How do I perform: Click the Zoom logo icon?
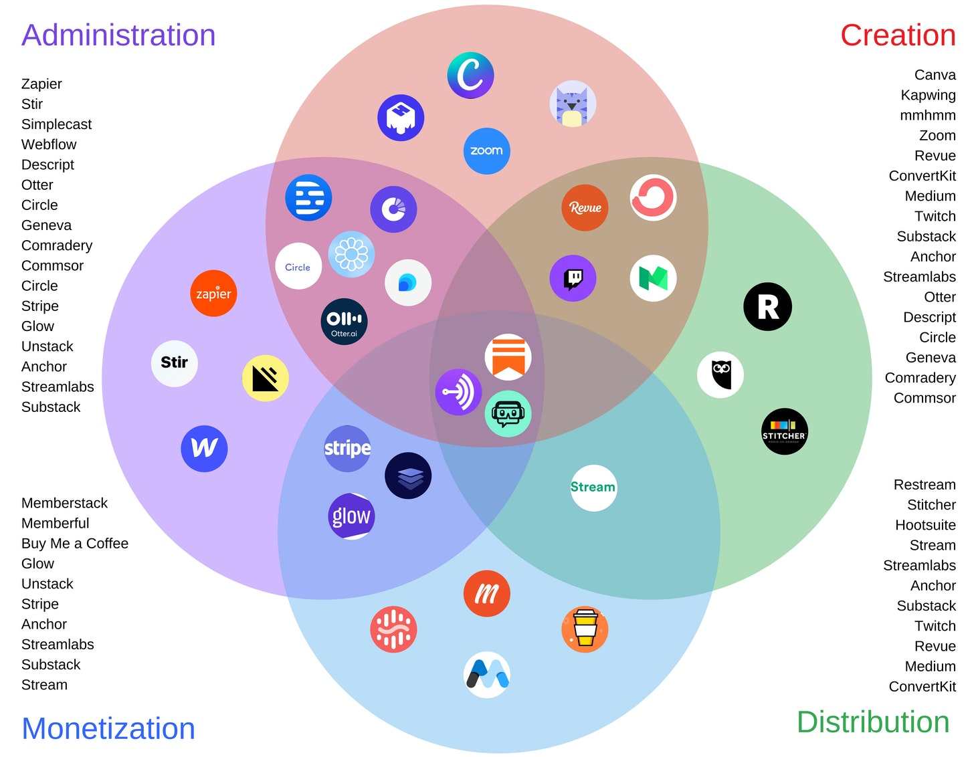[x=486, y=151]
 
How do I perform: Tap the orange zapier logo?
[x=213, y=294]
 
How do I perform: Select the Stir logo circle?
[x=175, y=363]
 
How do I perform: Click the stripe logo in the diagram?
[x=347, y=448]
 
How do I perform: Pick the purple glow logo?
[x=351, y=516]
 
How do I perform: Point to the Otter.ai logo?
[x=345, y=322]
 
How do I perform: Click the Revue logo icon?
[x=585, y=207]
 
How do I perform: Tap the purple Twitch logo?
[x=573, y=278]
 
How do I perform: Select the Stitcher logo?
[x=785, y=431]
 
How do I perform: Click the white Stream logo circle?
[x=593, y=488]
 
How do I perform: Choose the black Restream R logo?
[x=767, y=307]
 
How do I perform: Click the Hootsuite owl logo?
[x=720, y=375]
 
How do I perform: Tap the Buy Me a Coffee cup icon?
[x=585, y=629]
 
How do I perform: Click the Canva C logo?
[x=471, y=76]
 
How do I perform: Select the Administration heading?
[x=118, y=35]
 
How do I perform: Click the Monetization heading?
[x=108, y=728]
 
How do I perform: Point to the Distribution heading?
[x=873, y=722]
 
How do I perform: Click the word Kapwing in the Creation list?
[x=928, y=95]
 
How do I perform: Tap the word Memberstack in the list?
[x=64, y=503]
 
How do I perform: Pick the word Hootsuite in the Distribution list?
[x=925, y=525]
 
